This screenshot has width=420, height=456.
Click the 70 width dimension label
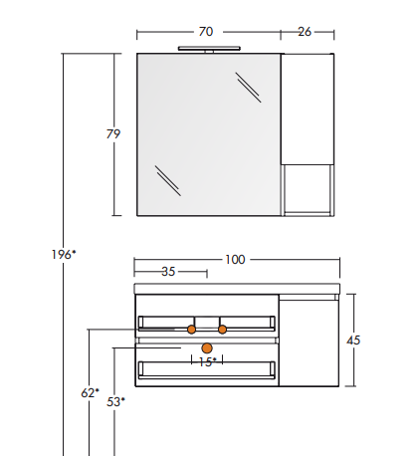tap(206, 32)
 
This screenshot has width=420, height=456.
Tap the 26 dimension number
tap(305, 32)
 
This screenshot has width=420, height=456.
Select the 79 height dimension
tap(113, 134)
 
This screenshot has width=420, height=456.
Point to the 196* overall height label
tap(64, 255)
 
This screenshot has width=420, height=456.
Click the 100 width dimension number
tap(235, 260)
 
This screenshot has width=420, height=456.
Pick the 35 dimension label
tap(168, 272)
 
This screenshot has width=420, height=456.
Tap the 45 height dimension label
tap(353, 341)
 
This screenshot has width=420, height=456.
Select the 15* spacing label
tap(207, 361)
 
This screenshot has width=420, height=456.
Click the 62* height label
tap(90, 393)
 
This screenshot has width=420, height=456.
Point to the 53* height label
tap(115, 402)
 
